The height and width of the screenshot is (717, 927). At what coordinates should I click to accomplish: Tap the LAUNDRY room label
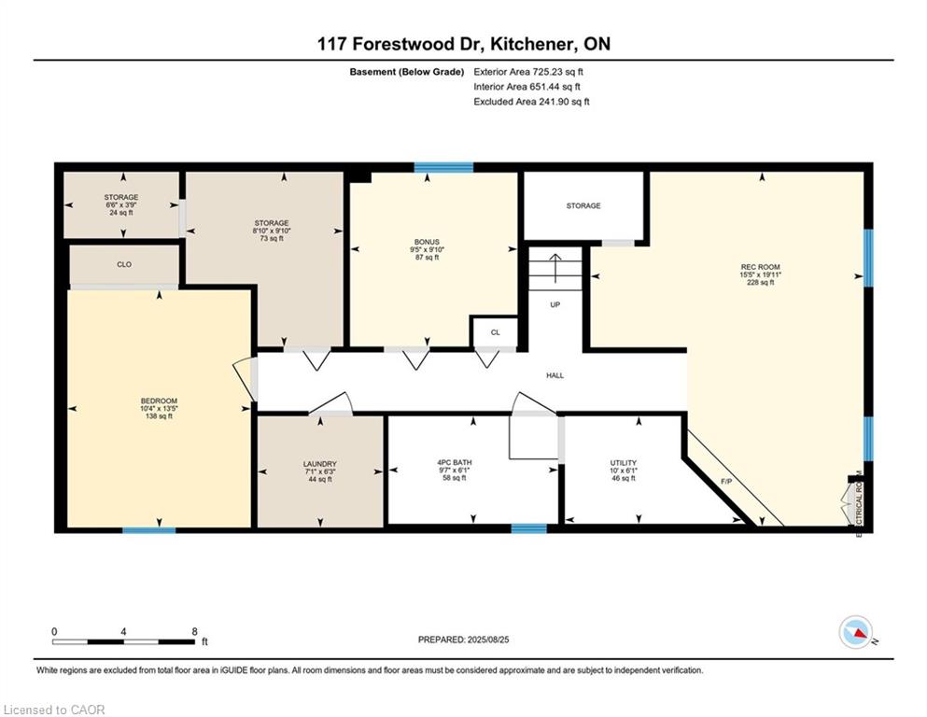pos(319,464)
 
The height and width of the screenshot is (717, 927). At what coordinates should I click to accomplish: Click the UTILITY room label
pos(623,463)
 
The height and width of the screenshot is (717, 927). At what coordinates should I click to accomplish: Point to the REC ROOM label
pos(760,267)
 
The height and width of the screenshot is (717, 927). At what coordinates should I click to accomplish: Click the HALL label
pos(555,375)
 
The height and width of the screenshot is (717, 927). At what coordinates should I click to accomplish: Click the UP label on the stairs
pos(555,304)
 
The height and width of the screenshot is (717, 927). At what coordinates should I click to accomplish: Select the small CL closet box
pos(495,331)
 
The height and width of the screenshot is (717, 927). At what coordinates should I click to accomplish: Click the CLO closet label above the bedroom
pos(124,264)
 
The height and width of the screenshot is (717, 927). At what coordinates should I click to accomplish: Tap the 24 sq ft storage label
pos(121,212)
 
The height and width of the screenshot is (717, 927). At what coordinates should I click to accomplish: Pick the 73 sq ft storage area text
pos(272,238)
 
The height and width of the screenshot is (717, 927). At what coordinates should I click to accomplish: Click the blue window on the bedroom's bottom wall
pos(149,529)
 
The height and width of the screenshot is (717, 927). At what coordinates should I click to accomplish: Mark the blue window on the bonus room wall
pos(443,168)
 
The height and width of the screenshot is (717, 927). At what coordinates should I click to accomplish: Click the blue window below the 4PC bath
pos(528,528)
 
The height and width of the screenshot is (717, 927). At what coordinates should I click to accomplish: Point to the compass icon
pos(855,632)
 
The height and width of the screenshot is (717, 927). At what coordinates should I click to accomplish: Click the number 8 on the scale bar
pos(194,631)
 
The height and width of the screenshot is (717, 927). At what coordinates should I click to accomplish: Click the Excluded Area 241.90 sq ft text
pos(531,102)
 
